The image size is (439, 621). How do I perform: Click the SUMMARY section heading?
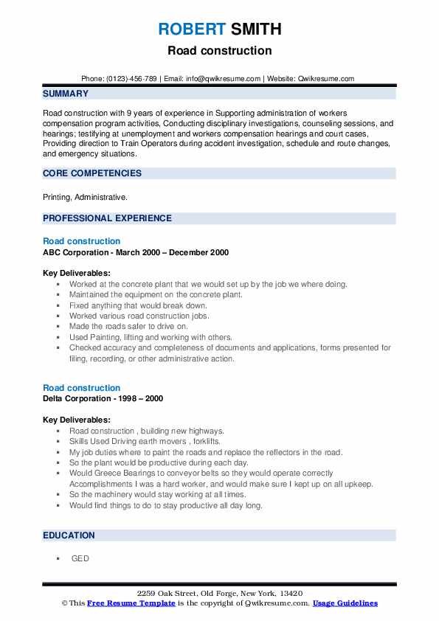[x=66, y=94]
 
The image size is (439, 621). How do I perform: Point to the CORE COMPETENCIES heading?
[x=92, y=173]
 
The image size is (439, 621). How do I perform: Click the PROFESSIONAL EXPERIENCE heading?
[x=107, y=218]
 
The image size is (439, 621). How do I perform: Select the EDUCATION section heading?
[x=69, y=535]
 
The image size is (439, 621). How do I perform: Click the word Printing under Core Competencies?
[x=57, y=198]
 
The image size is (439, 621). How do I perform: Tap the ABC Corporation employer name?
[x=77, y=252]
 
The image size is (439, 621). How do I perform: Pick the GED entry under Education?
[x=80, y=558]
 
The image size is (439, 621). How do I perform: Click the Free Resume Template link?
[x=131, y=603]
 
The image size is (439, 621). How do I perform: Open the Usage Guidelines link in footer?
[x=345, y=603]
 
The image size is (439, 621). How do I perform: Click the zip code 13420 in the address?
[x=288, y=594]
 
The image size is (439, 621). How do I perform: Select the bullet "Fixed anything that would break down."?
[x=138, y=305]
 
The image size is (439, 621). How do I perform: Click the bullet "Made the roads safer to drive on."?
[x=128, y=326]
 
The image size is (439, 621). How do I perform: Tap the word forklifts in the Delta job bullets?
[x=207, y=442]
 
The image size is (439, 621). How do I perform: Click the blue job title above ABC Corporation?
[x=81, y=241]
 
